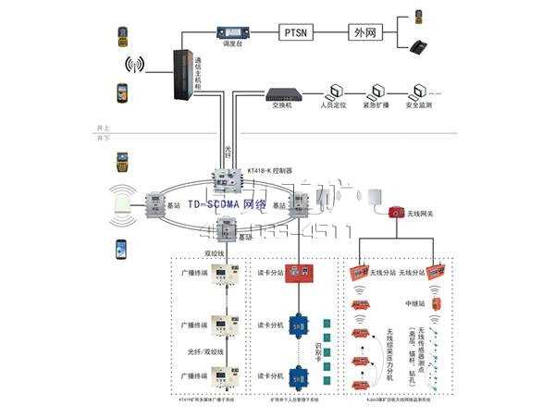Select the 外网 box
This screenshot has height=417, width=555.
coord(365,31)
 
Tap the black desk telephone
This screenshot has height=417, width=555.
coord(418,45)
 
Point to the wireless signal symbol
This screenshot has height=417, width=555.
coord(135,65)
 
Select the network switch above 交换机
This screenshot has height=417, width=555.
coord(280,92)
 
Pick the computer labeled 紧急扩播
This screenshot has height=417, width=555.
coord(376,92)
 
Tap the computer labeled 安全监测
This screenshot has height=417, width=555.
coord(421,92)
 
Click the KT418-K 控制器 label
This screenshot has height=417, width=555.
coord(270,171)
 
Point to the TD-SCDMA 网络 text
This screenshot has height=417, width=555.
coord(227,203)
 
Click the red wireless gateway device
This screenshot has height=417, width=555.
coord(396,213)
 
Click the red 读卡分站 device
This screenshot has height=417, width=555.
coord(302,273)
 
